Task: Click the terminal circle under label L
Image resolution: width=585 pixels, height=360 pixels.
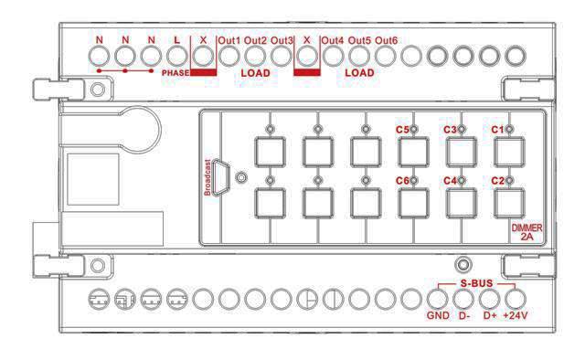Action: coord(176,57)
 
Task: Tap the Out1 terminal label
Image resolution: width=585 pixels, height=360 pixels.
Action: coord(229,40)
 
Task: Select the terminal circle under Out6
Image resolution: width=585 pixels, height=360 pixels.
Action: coord(386,57)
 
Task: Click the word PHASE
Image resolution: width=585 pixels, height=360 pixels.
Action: coord(175,73)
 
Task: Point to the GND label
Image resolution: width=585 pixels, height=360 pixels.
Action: coord(438,315)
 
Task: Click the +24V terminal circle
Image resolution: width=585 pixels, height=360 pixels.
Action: coord(516,299)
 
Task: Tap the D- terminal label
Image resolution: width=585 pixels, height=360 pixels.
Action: coord(464,315)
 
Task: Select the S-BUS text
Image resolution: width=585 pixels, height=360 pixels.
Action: coord(476,283)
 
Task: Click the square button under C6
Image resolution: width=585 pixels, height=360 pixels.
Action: coord(413,204)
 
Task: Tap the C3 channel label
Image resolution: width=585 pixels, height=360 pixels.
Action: coord(450,130)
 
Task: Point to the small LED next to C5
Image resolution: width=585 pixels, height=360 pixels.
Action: coord(414,130)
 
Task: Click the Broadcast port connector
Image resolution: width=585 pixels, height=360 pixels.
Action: coord(220,178)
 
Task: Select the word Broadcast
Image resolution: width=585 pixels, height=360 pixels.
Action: coord(207,177)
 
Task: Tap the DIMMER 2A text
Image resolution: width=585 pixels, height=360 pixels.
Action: coord(526,232)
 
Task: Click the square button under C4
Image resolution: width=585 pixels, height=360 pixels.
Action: coord(462,204)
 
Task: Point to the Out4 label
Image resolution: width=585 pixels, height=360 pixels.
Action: coord(333,40)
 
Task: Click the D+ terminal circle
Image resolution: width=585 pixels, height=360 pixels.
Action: coord(489,299)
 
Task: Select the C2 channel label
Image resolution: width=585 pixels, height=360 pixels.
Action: coord(497,181)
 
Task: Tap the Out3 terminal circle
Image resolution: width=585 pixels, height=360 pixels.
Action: coord(281,57)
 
